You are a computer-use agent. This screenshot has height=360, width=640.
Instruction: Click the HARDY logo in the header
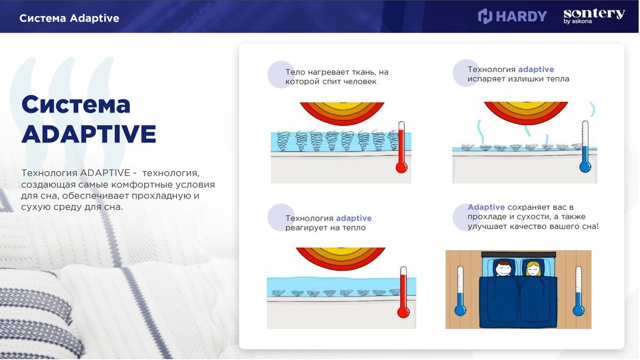[x=513, y=16]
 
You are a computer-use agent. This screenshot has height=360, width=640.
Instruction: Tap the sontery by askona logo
[x=594, y=16]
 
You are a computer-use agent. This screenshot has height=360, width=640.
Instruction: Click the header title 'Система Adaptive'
[x=69, y=18]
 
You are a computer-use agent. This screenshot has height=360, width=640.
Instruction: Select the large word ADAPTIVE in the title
[x=89, y=134]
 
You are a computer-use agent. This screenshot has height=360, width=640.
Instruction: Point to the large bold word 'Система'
[x=76, y=105]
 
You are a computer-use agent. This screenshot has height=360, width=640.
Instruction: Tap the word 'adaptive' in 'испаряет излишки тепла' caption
[x=536, y=69]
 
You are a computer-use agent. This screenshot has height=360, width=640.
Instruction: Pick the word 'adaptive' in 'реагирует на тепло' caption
[x=354, y=218]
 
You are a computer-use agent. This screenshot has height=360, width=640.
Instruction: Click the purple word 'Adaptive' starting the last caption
[x=486, y=207]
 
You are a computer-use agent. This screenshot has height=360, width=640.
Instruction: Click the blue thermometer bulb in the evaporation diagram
[x=585, y=167]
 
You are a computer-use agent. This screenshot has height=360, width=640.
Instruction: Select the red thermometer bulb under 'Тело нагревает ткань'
[x=402, y=167]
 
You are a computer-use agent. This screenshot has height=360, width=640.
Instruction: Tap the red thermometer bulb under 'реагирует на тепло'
[x=403, y=313]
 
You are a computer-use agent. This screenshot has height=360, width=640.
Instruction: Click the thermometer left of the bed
[x=460, y=291]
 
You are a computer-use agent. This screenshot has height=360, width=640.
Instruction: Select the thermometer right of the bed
[x=579, y=291]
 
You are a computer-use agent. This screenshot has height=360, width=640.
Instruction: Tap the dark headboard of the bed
[x=518, y=254]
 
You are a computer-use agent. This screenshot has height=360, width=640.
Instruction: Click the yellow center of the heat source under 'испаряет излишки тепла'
[x=526, y=105]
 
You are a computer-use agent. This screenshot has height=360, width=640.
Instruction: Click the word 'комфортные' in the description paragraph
[x=144, y=185]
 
